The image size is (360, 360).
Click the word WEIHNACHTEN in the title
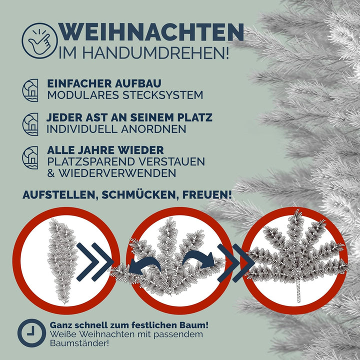point(151,32)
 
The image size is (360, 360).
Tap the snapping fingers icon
point(39,40)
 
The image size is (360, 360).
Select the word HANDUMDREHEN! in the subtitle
point(155,53)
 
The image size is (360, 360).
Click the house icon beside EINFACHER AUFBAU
point(30,90)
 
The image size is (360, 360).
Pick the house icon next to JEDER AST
point(30,124)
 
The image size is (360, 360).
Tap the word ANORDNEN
point(153,129)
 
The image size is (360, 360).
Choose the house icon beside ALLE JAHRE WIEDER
point(30,157)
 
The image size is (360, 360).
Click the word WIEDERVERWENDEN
point(117,173)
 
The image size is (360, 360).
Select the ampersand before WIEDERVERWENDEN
point(51,173)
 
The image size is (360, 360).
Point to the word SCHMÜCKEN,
point(138,194)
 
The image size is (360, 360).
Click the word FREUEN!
point(207,194)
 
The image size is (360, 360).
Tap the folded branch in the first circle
point(62,260)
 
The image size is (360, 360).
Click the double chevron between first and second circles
point(95,262)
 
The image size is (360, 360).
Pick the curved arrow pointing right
point(199,259)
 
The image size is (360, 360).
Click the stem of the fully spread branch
point(298,291)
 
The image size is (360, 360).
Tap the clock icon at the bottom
point(31,333)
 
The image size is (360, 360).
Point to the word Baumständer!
point(79,343)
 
